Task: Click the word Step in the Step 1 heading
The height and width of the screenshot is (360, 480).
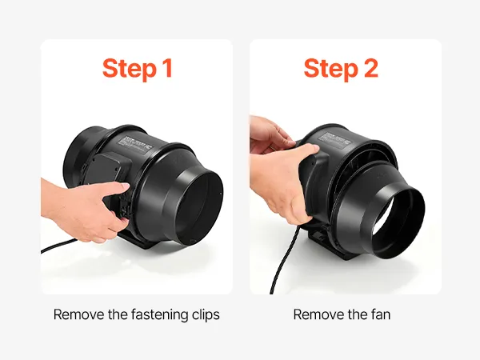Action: (129, 69)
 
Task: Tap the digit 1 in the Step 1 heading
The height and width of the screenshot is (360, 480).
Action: (168, 68)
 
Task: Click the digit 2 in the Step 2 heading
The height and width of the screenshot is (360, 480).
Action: (370, 68)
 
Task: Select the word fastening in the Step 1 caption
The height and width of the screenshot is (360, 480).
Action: (159, 315)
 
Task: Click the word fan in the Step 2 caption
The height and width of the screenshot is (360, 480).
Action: (380, 314)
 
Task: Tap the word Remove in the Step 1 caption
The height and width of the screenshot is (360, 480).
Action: (78, 314)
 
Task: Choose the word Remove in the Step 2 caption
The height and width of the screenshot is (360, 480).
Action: (318, 314)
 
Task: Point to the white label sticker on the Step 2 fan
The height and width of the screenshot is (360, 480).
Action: (335, 140)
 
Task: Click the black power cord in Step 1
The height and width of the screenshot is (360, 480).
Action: (58, 246)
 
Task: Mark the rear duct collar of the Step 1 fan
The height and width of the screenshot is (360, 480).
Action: (80, 153)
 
